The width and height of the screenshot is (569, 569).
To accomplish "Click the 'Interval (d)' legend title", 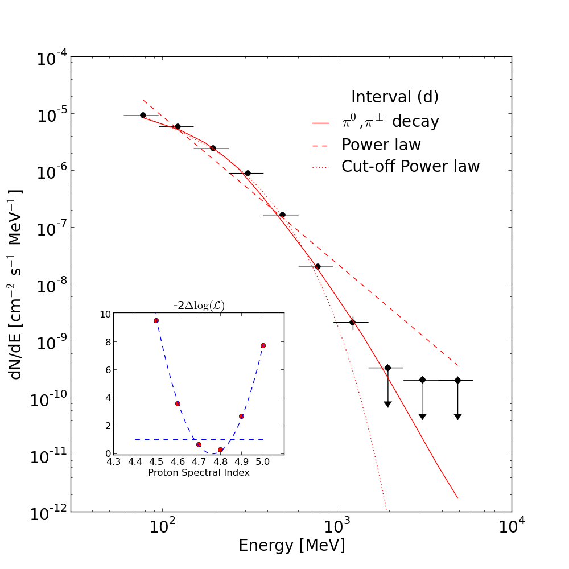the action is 395,97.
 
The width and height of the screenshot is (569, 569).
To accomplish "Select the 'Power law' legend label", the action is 381,145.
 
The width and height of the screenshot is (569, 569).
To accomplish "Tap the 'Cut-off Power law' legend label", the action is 410,167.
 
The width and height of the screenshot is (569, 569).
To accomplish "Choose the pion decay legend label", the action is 390,121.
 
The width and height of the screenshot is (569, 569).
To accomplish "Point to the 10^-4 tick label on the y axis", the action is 52,58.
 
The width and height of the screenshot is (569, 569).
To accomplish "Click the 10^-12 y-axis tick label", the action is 48,513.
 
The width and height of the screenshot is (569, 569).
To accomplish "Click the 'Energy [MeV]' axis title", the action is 292,546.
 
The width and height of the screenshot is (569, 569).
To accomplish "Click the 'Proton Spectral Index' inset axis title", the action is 199,472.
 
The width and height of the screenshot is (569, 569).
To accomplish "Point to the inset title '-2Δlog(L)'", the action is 199,306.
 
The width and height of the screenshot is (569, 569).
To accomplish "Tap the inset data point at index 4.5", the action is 156,321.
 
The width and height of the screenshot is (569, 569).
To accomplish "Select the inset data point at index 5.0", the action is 263,346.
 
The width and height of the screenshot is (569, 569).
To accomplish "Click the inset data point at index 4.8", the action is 220,450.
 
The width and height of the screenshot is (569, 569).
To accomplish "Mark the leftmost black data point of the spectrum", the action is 143,116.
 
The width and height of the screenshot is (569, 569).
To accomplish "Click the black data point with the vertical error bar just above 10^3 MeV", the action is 352,322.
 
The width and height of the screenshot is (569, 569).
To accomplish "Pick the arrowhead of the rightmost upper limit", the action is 457,417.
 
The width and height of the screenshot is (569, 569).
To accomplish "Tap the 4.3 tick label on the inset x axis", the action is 114,462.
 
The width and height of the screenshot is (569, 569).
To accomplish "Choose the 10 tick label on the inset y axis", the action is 105,314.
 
